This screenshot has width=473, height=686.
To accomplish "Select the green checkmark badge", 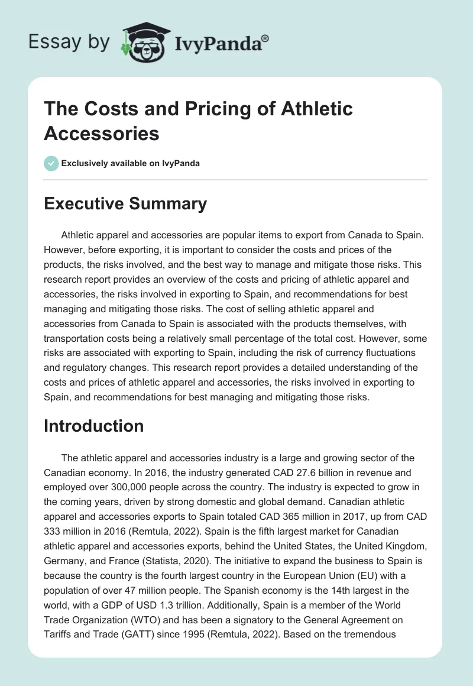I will pyautogui.click(x=51, y=163).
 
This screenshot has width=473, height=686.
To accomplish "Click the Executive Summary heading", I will pyautogui.click(x=125, y=203).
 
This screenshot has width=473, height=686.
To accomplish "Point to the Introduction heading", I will pyautogui.click(x=93, y=426).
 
